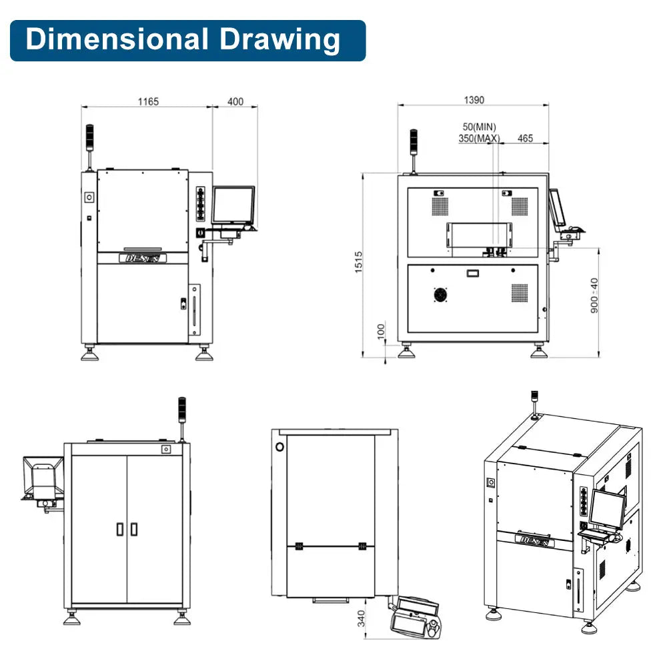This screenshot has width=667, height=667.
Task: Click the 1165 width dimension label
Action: pyautogui.click(x=148, y=101)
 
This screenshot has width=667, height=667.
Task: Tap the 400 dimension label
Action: pyautogui.click(x=235, y=101)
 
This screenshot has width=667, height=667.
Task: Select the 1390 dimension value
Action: pyautogui.click(x=474, y=100)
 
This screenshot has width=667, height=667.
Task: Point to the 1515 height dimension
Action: pyautogui.click(x=359, y=261)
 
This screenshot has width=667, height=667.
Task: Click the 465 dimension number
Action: pyautogui.click(x=526, y=138)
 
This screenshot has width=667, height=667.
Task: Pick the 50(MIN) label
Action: pyautogui.click(x=480, y=127)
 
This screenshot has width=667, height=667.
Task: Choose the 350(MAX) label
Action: pyautogui.click(x=479, y=138)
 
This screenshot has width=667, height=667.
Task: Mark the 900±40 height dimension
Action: pyautogui.click(x=594, y=295)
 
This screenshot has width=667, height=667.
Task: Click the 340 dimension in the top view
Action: pyautogui.click(x=361, y=618)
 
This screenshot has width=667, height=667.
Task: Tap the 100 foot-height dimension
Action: pyautogui.click(x=381, y=331)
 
